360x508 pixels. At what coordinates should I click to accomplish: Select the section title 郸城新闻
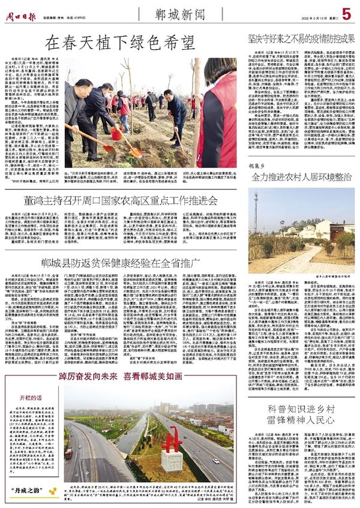point(179,13)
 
